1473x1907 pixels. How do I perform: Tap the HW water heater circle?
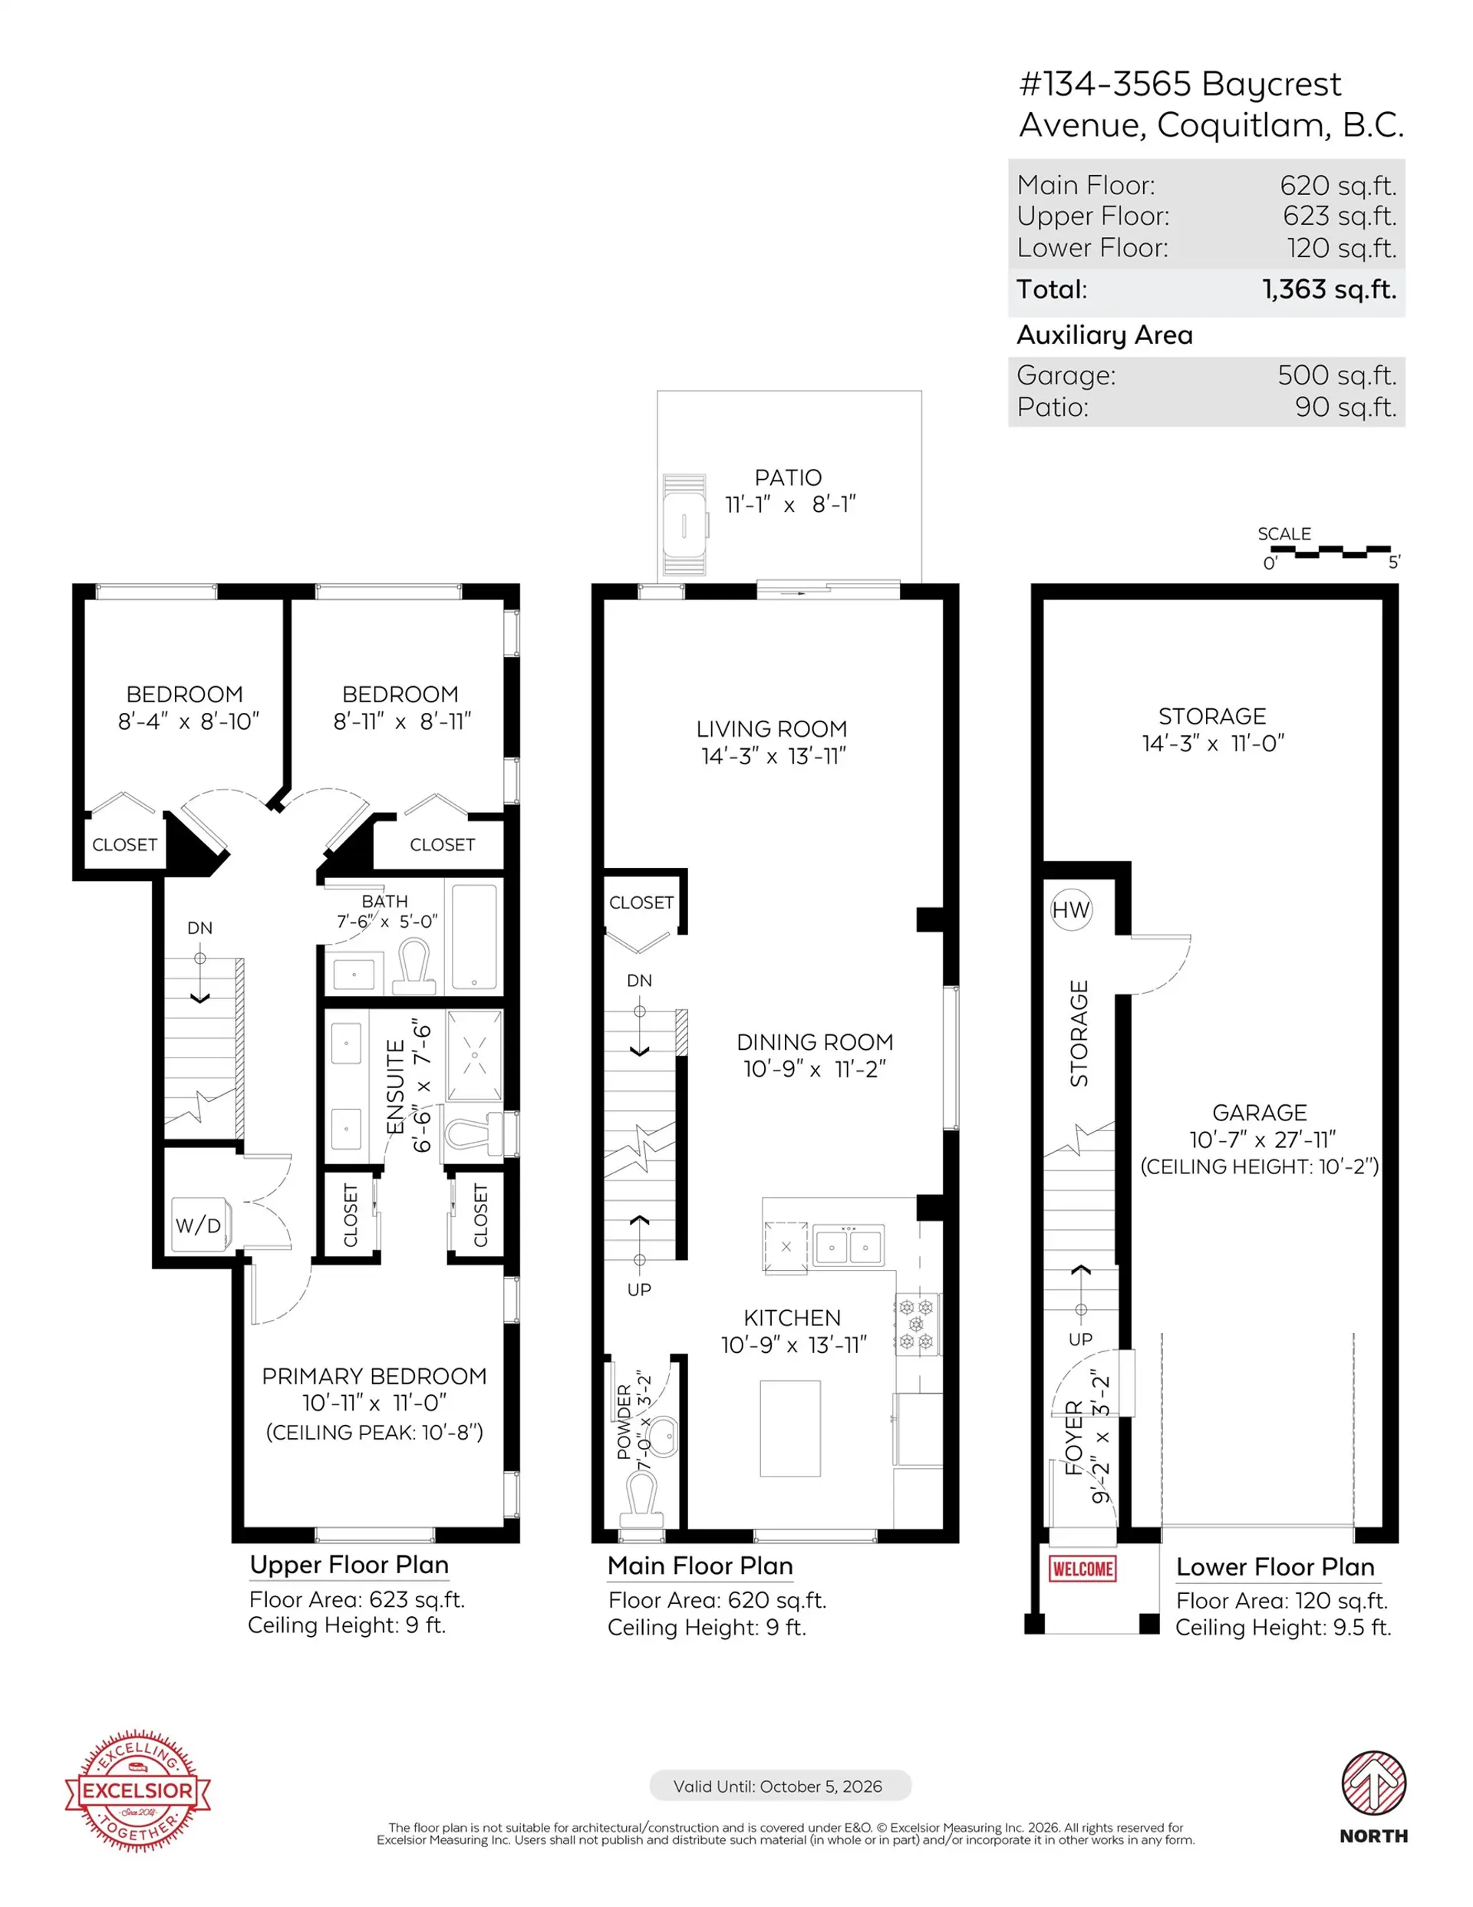pyautogui.click(x=1070, y=910)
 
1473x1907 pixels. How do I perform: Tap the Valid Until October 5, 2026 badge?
pyautogui.click(x=779, y=1786)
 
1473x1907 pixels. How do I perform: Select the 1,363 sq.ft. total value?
pyautogui.click(x=1329, y=289)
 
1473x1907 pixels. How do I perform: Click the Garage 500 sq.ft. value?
pyautogui.click(x=1336, y=375)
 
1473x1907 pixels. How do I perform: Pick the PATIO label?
pyautogui.click(x=788, y=477)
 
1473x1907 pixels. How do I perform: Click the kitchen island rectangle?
pyautogui.click(x=789, y=1427)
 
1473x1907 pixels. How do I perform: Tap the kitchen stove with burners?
pyautogui.click(x=916, y=1324)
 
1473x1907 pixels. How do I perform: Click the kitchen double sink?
pyautogui.click(x=848, y=1246)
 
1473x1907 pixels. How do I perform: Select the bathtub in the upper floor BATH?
pyautogui.click(x=474, y=936)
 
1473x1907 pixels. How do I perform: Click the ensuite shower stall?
pyautogui.click(x=474, y=1054)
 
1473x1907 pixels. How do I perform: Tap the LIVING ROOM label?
pyautogui.click(x=771, y=729)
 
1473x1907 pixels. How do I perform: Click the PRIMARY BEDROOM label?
pyautogui.click(x=374, y=1376)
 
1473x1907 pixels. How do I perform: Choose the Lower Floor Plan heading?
pyautogui.click(x=1275, y=1566)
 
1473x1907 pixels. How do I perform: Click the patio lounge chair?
pyautogui.click(x=684, y=526)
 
